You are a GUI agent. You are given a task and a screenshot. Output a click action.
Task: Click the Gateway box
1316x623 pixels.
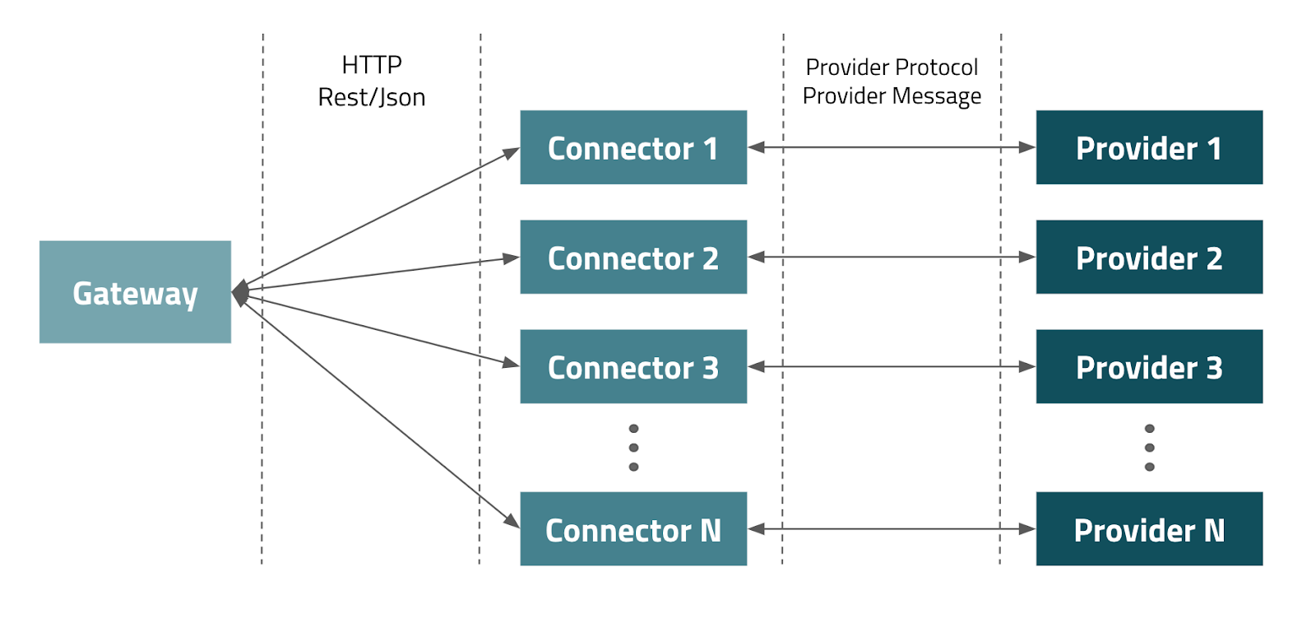(135, 292)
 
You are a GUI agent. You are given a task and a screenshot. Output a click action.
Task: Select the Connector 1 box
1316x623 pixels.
(633, 147)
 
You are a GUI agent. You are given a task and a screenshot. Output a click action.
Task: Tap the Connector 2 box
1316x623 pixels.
(633, 257)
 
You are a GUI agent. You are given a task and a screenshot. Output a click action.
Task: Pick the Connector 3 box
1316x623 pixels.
(633, 366)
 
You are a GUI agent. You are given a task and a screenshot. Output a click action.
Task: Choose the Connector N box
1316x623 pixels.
(633, 528)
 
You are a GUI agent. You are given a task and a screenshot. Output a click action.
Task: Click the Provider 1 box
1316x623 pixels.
(1149, 147)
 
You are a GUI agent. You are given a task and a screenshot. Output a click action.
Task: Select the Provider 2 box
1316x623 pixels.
(1149, 257)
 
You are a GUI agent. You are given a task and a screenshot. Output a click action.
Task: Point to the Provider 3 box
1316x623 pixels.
(1149, 366)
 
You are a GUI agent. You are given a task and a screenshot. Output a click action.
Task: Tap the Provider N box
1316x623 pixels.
(1149, 528)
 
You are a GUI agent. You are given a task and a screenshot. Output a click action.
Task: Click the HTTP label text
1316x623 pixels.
(372, 65)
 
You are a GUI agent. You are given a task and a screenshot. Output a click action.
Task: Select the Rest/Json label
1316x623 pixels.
(372, 98)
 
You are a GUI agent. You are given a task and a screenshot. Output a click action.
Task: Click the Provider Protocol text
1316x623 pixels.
(892, 67)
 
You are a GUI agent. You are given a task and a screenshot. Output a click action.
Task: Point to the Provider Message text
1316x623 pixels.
(892, 96)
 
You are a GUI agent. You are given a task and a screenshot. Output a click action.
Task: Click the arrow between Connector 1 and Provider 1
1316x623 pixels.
(892, 147)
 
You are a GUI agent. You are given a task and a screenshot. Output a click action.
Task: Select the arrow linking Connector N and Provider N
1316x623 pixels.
(892, 529)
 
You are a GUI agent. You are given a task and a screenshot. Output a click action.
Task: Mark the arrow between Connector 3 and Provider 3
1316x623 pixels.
(892, 366)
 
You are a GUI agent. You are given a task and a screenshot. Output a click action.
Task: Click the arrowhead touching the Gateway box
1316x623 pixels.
(240, 292)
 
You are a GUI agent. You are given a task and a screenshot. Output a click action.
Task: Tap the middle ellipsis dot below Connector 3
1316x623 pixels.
(633, 448)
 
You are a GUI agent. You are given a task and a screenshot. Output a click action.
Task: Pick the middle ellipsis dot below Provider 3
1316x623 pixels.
(1149, 448)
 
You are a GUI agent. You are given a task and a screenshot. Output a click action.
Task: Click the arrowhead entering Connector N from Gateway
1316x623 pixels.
(512, 521)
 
